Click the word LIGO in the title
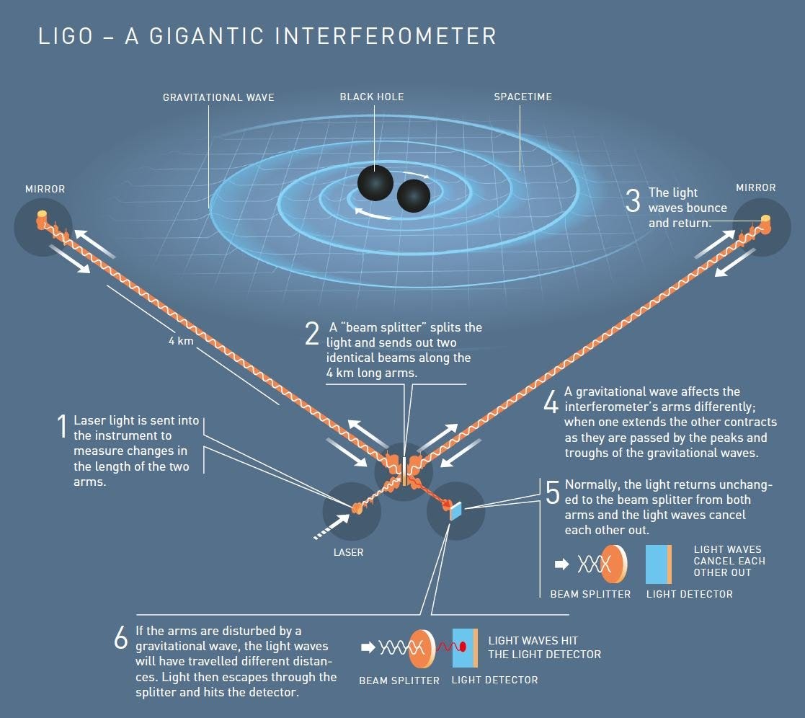(x=66, y=36)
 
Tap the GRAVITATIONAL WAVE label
(x=218, y=97)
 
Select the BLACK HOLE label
(x=372, y=97)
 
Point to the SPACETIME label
(x=522, y=97)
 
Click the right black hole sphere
(x=413, y=195)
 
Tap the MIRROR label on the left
(x=45, y=189)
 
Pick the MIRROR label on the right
(x=756, y=187)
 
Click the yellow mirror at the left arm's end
(x=42, y=216)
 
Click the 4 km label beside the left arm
(x=177, y=340)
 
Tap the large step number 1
(x=62, y=427)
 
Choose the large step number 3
(x=633, y=201)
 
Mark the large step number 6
(x=121, y=639)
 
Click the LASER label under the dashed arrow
(x=348, y=552)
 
